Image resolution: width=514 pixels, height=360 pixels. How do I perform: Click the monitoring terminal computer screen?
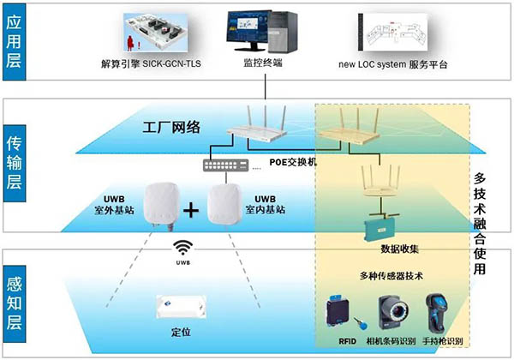click(x=248, y=30)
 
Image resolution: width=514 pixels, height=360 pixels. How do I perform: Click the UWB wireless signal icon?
click(x=182, y=249)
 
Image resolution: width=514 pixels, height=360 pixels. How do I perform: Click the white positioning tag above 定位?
click(x=182, y=308)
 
